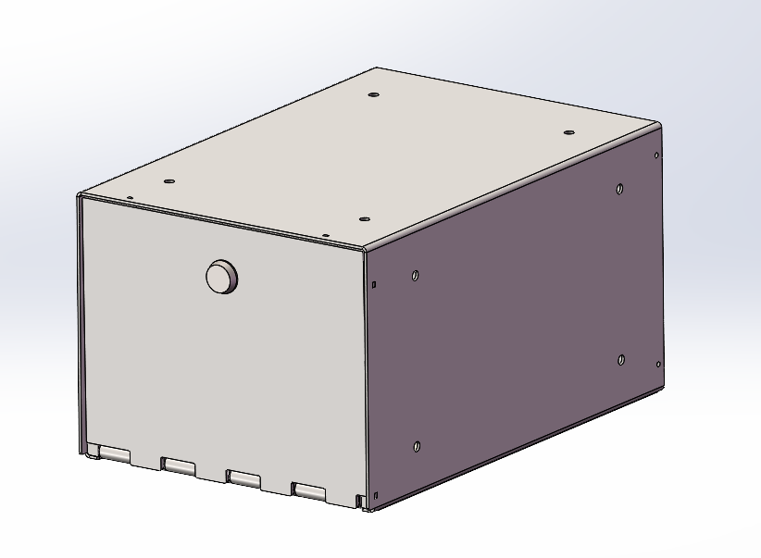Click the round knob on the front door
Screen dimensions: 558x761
click(221, 277)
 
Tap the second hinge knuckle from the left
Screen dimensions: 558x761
click(179, 465)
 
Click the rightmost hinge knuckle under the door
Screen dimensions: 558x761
click(309, 490)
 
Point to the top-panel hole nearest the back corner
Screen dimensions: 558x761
click(373, 94)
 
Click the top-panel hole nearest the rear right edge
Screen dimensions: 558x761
click(570, 132)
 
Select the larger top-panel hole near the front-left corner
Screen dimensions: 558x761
click(168, 181)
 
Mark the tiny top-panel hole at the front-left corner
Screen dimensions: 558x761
click(131, 196)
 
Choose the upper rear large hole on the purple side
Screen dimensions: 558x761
click(619, 190)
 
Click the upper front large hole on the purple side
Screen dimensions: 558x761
click(416, 275)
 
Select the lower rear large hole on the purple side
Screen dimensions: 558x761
click(620, 359)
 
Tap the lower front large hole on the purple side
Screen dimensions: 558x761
click(416, 447)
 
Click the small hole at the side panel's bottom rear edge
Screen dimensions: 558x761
click(657, 364)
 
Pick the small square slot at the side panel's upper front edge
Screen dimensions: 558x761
click(373, 283)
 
